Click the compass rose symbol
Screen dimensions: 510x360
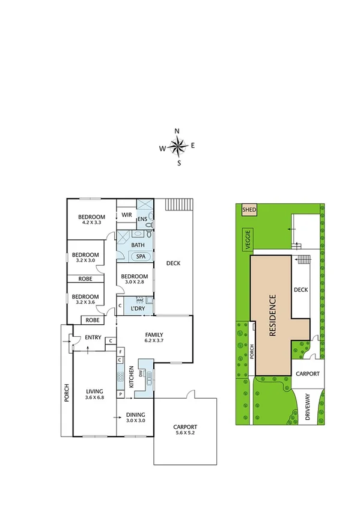(x=178, y=145)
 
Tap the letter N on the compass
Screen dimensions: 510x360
(x=177, y=131)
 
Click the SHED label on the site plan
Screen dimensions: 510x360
(x=248, y=210)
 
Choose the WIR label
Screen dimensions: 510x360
(x=127, y=215)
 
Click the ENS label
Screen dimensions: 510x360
(x=142, y=220)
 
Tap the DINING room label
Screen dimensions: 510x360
(x=135, y=414)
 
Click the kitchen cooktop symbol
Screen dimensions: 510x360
(x=120, y=377)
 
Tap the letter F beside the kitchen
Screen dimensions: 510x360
(x=120, y=351)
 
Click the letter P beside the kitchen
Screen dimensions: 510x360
(x=120, y=395)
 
